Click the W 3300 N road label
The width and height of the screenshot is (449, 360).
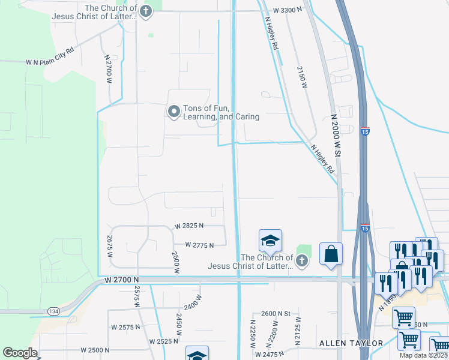click(288, 10)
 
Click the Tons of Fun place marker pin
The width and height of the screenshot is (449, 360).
click(174, 112)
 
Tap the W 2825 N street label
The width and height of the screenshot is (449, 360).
click(190, 226)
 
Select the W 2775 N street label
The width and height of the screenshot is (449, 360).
click(200, 245)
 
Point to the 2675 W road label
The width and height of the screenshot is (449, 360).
click(110, 247)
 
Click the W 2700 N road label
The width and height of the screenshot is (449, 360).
click(121, 280)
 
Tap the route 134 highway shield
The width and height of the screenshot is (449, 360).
click(53, 311)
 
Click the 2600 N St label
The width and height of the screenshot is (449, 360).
click(276, 313)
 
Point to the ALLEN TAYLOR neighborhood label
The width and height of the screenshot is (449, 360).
click(351, 343)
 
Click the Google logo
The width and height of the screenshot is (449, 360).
click(20, 353)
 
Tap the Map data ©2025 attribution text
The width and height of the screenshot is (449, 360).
click(424, 355)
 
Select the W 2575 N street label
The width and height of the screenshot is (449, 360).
click(125, 327)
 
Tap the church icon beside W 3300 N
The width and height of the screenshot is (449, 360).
click(145, 11)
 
